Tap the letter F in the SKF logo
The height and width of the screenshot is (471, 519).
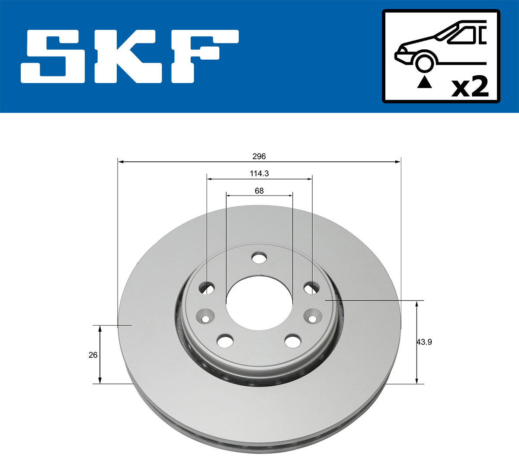tap(203, 56)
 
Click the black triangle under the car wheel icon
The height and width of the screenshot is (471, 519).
tap(424, 82)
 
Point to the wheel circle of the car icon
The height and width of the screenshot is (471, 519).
tap(424, 62)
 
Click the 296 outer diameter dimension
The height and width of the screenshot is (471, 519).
tap(259, 156)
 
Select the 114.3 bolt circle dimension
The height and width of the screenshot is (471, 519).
tap(259, 173)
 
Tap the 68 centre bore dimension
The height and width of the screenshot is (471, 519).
tap(259, 191)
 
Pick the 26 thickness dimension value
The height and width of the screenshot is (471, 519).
tap(93, 355)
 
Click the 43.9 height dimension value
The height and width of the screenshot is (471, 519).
tap(424, 342)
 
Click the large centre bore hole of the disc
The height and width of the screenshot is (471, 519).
tap(259, 302)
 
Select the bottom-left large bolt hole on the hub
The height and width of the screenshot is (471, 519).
tap(224, 341)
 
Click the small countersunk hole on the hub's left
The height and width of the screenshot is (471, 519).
tap(205, 318)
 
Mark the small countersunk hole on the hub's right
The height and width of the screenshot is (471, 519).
tap(312, 318)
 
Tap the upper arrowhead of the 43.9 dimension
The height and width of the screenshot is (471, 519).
tap(417, 304)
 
